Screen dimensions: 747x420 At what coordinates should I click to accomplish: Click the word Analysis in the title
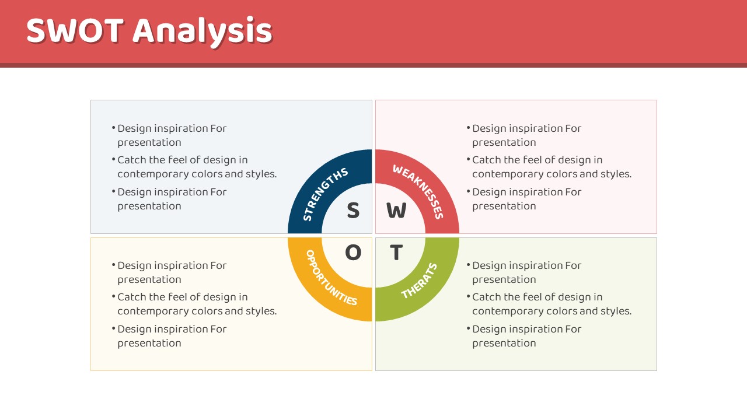[203, 32]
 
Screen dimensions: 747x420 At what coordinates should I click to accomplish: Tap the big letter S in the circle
[353, 211]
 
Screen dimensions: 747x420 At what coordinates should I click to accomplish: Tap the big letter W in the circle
[396, 211]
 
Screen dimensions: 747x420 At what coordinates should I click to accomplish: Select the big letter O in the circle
[353, 253]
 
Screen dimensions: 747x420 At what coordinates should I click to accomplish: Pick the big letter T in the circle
[396, 253]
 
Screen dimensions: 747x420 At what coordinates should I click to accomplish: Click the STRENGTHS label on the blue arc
[323, 193]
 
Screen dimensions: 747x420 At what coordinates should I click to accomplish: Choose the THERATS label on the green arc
[419, 281]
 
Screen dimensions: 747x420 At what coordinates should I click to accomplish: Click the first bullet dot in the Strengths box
[113, 127]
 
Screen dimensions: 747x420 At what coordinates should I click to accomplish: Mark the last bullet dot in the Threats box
[468, 328]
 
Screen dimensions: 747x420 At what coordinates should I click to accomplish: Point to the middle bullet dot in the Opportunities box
[113, 296]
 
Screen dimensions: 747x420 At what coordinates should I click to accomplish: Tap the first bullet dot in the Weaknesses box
[468, 127]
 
